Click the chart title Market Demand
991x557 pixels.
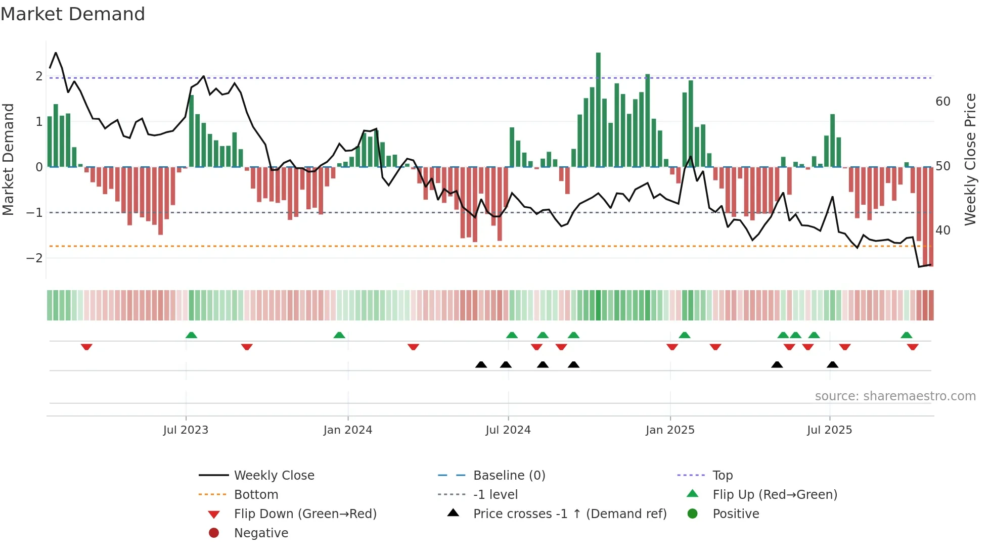click(73, 14)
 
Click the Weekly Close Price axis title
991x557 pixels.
click(970, 159)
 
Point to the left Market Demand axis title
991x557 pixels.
click(8, 159)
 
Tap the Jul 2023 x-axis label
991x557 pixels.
click(186, 430)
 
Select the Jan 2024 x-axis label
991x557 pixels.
click(348, 430)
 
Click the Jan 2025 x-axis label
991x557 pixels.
click(670, 430)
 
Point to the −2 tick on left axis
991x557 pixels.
click(34, 258)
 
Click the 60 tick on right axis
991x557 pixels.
click(942, 102)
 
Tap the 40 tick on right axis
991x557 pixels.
click(942, 230)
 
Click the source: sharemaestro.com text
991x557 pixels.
click(895, 396)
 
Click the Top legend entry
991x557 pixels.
click(722, 476)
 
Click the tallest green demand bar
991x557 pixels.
click(598, 109)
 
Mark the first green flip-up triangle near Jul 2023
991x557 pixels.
click(191, 335)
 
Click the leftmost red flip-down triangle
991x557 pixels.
click(86, 347)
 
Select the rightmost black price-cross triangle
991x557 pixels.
click(832, 364)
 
